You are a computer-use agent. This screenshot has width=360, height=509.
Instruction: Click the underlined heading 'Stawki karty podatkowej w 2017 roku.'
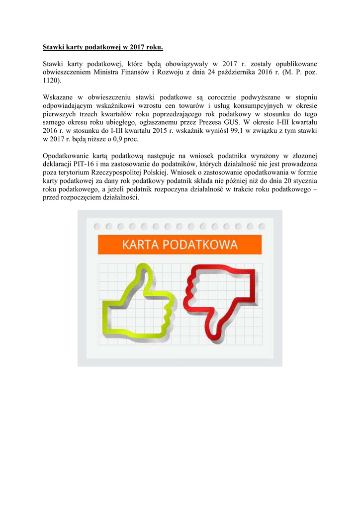tap(102, 48)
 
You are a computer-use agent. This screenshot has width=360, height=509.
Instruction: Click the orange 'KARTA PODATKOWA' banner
tap(180, 245)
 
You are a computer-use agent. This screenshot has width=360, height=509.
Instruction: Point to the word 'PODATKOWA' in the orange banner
tap(204, 245)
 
